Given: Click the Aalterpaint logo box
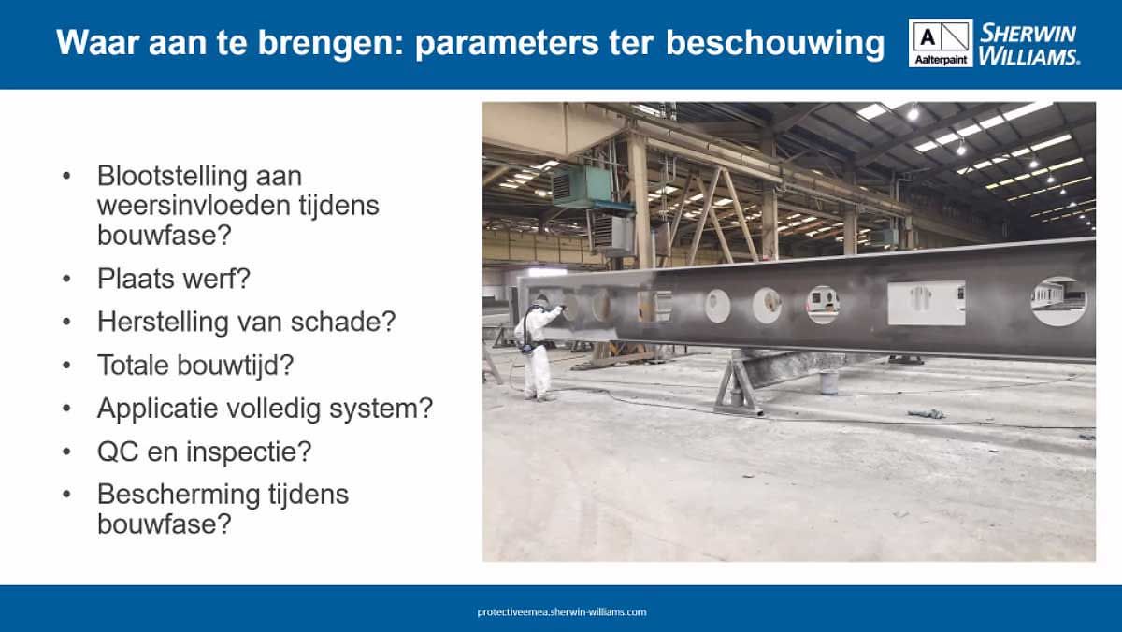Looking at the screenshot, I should [x=940, y=43].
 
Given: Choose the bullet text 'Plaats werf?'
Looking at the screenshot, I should [x=175, y=278].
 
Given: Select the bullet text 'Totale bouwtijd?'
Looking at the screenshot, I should [x=200, y=366].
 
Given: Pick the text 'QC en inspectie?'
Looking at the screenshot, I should [x=204, y=452].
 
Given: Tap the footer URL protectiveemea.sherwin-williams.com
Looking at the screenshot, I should [x=561, y=612].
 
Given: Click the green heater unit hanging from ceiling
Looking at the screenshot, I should [x=579, y=186].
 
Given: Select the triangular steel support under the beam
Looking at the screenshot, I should [x=740, y=384].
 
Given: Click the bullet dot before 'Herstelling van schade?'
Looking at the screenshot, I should [x=66, y=323].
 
